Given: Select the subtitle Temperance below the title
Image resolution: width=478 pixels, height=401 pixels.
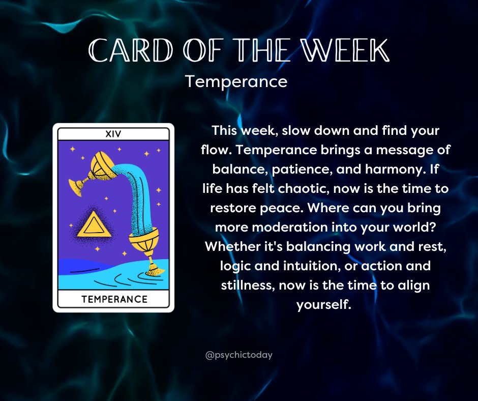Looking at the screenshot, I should (x=236, y=81).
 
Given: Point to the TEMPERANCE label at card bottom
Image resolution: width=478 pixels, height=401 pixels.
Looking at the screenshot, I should (x=114, y=299).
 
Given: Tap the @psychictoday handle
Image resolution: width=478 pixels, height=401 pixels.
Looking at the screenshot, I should (x=239, y=355).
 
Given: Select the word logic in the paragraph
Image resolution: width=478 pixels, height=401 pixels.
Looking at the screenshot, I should (x=234, y=266).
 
